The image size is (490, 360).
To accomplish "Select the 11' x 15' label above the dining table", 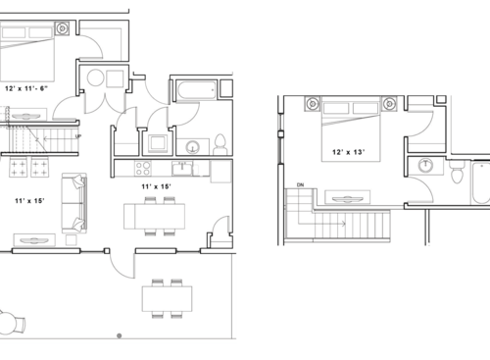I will pos(157,185).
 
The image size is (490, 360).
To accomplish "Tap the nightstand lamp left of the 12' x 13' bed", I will pos(312,101).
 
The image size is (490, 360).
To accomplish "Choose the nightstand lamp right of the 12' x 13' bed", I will pos(389,101).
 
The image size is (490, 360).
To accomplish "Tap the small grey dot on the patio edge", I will pos(120,335).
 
